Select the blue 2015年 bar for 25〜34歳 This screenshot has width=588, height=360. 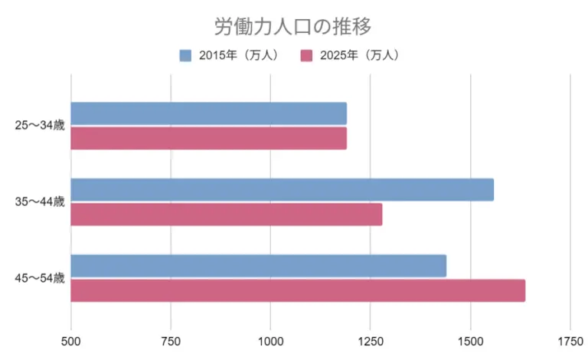coord(208,113)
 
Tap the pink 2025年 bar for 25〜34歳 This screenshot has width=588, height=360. coord(208,139)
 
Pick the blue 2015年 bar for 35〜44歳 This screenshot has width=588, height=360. coord(282,189)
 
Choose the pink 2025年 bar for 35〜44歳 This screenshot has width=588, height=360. coord(226,214)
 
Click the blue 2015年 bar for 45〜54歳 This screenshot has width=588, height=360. coord(258,266)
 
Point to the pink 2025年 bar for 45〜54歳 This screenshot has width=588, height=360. coord(298,291)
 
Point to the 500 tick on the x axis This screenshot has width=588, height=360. coord(71,339)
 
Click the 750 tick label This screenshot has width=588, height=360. coord(171,339)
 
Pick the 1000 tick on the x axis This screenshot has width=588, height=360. coord(270,339)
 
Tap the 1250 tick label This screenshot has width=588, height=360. coord(370,339)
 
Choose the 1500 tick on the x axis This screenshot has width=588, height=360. coord(470,339)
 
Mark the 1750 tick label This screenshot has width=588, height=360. coord(570,339)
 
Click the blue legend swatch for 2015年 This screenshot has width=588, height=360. coord(185,55)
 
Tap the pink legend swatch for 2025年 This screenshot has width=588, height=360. coord(306,55)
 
